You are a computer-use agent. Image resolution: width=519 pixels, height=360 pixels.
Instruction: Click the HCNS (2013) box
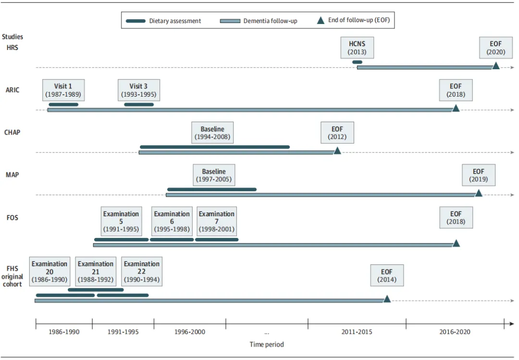pos(357,48)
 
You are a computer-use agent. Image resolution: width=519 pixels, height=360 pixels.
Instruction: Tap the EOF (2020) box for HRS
pos(496,48)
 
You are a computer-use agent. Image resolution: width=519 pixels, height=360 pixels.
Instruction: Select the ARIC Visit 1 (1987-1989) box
pos(63,90)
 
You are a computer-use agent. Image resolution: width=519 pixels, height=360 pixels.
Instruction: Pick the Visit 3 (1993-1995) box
pos(139,90)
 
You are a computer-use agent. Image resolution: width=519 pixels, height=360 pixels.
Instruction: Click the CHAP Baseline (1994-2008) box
pos(212,133)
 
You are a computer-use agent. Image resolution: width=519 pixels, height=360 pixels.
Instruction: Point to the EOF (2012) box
pos(337,133)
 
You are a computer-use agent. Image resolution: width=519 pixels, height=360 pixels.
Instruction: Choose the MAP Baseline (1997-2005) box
pos(214,175)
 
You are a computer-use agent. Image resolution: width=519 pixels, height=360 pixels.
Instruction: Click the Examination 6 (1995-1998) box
pos(172,221)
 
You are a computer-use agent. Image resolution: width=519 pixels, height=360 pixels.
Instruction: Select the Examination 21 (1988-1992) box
pos(96,272)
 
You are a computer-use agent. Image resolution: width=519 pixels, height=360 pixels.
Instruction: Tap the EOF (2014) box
pos(387,275)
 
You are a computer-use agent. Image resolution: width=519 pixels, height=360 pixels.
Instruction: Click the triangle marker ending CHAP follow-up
pos(337,151)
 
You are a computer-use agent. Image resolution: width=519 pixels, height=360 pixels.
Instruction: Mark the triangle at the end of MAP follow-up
pos(479,193)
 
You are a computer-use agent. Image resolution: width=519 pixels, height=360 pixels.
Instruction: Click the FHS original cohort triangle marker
pos(387,299)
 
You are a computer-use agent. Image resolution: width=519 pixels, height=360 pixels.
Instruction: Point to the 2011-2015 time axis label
pos(357,332)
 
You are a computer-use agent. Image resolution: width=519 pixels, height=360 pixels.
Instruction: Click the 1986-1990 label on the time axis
pos(64,332)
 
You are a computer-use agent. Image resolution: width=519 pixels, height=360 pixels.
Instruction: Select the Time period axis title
pos(266,345)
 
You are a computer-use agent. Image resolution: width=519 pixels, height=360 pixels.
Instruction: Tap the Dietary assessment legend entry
pos(163,21)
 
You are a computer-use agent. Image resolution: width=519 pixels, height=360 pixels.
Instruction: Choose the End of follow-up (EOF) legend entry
pos(354,20)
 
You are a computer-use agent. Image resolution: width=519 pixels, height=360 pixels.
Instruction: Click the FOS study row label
pos(12,218)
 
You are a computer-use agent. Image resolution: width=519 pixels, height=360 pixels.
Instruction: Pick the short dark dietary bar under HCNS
pos(357,62)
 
